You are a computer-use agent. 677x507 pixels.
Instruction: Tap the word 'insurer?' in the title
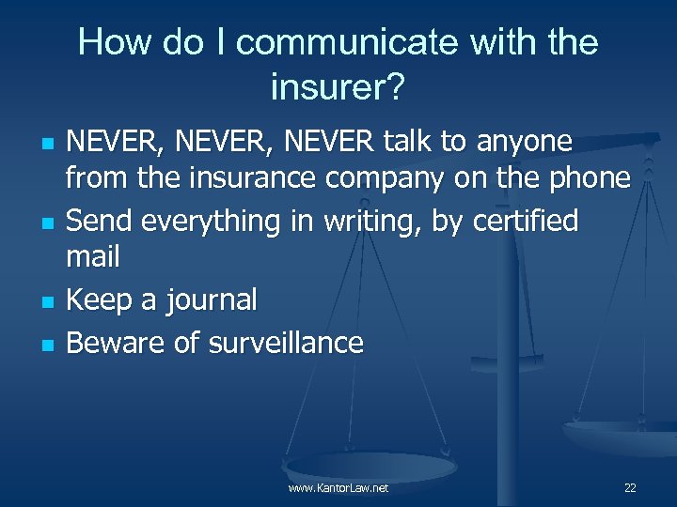pos(338,88)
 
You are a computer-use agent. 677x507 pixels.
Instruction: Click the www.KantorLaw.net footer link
pos(338,488)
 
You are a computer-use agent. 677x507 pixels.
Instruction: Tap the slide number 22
pos(630,488)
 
